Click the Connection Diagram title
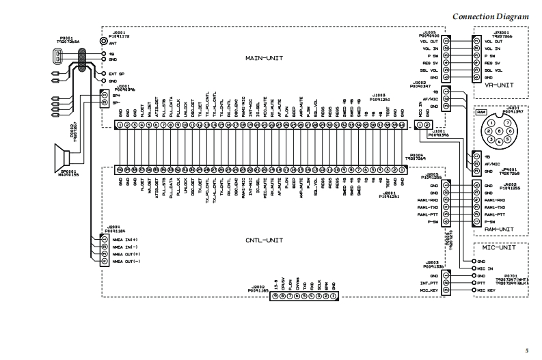[491, 16]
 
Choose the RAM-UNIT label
[499, 230]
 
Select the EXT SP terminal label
[117, 74]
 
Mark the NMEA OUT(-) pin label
[126, 262]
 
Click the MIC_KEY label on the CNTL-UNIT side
[429, 290]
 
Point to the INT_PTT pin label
[430, 283]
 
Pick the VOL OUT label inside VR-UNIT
[493, 41]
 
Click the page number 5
[526, 348]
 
